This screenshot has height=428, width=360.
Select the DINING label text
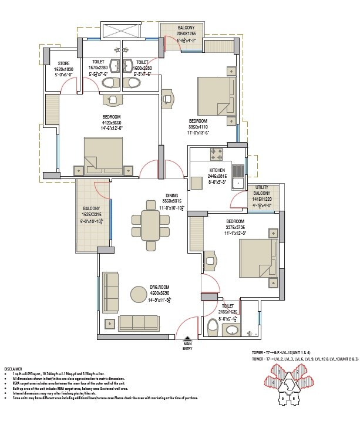[x=172, y=196]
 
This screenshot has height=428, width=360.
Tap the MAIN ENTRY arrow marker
[x=187, y=338]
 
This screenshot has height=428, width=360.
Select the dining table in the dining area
[x=150, y=224]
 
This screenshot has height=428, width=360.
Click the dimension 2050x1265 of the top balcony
[x=190, y=34]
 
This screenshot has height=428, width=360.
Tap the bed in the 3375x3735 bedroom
[x=257, y=255]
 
